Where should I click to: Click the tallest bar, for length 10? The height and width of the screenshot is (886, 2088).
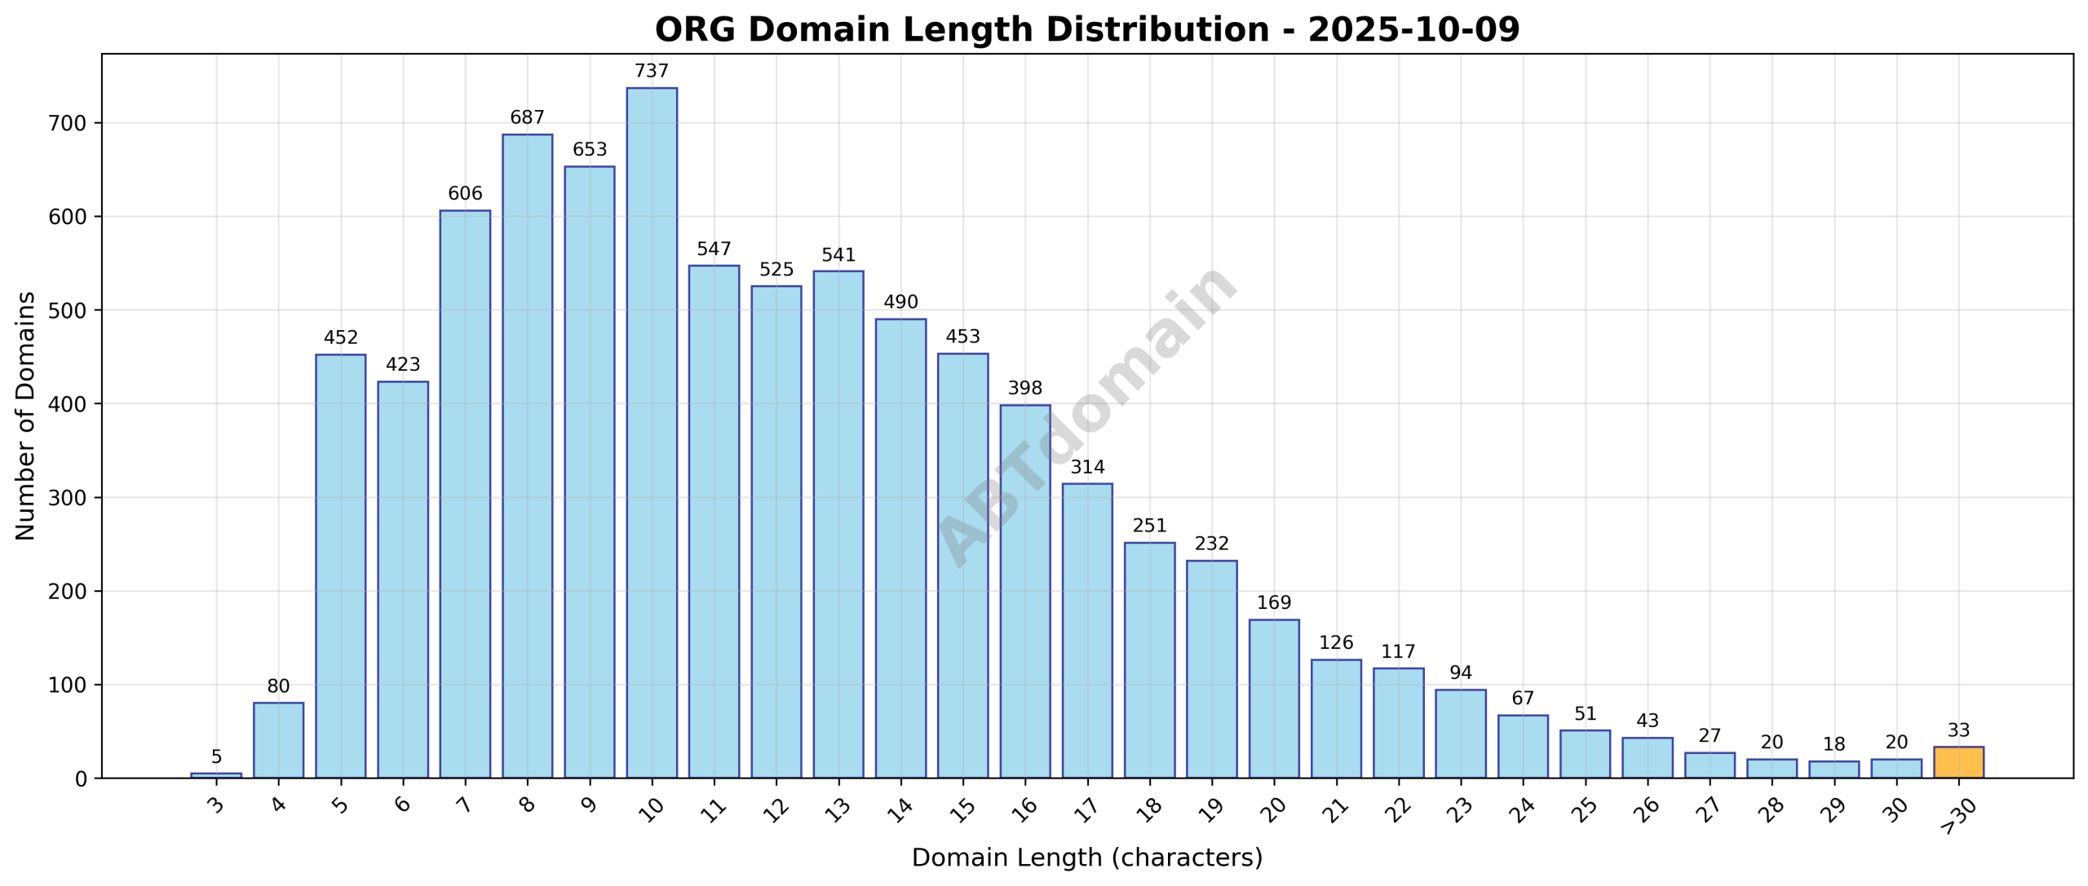[651, 432]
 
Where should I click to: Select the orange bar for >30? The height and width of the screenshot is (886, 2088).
[1958, 762]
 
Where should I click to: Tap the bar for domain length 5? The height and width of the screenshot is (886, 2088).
[340, 566]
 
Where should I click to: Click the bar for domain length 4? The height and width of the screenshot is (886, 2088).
[278, 740]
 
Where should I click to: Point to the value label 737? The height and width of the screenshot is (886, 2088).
[651, 72]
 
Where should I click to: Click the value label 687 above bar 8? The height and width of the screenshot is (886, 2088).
[527, 118]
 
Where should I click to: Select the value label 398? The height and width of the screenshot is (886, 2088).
[1024, 389]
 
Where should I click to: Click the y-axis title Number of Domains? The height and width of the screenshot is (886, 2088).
[26, 416]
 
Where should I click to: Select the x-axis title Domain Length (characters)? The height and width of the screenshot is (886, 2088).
[1086, 858]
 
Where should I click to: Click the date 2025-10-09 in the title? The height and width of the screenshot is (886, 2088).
[1413, 30]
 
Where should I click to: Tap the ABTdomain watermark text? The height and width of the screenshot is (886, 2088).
[1086, 416]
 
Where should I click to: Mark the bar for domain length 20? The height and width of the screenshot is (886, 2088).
[1273, 699]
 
